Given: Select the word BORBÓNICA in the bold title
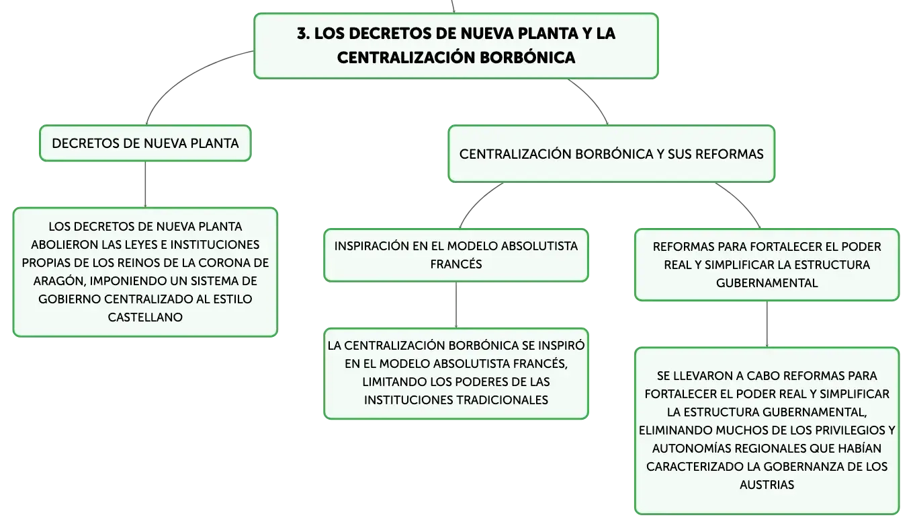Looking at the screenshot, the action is [x=527, y=58].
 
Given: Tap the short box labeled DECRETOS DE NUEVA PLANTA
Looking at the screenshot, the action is [x=145, y=143].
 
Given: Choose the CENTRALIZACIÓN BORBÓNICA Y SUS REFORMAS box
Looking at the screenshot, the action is [x=611, y=154].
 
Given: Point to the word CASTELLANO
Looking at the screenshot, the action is [x=145, y=317].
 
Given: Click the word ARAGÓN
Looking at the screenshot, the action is [x=59, y=280].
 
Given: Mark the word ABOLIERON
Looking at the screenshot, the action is [x=64, y=244].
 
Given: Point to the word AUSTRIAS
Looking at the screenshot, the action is [x=767, y=485].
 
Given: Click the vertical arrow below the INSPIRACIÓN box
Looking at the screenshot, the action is [x=456, y=305].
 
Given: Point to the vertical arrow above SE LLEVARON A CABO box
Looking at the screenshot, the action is [x=767, y=324].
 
